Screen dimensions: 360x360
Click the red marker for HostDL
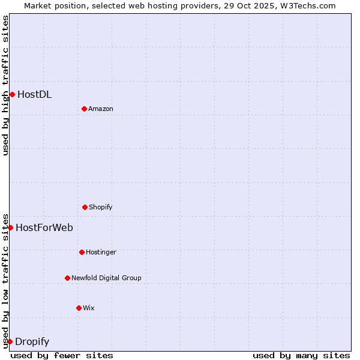(12, 94)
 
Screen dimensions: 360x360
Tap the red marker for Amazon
(84, 109)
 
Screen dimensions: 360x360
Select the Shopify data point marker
(85, 207)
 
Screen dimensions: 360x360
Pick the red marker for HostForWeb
(10, 227)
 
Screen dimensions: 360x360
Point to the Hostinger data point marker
(82, 252)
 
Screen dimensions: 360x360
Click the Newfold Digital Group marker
(67, 278)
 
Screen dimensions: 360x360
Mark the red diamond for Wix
(79, 308)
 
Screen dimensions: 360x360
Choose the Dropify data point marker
(10, 341)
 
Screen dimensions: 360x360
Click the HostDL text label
(34, 94)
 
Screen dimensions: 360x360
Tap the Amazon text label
(101, 109)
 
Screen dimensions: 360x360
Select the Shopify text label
(101, 207)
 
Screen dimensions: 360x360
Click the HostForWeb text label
(44, 227)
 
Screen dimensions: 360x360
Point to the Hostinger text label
(101, 252)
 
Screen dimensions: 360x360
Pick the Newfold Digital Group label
(106, 278)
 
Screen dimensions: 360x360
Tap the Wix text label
(89, 308)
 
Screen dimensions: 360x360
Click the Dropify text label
(32, 342)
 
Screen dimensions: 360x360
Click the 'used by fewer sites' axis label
(62, 355)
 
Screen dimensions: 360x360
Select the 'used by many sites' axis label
(301, 355)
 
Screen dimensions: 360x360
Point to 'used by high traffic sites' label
(5, 85)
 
